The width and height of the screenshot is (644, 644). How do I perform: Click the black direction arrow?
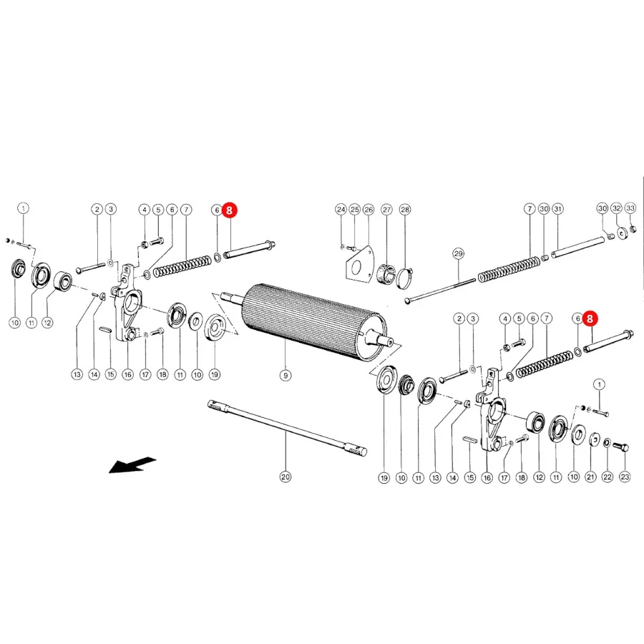click(132, 465)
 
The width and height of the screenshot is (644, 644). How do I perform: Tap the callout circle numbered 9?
click(286, 375)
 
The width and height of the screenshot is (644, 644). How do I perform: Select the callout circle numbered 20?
click(286, 477)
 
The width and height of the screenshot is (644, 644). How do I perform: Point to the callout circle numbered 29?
click(459, 253)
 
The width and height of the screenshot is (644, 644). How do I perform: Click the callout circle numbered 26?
click(369, 210)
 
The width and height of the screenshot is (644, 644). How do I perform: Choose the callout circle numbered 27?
click(387, 210)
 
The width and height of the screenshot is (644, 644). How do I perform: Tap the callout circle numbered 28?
click(405, 210)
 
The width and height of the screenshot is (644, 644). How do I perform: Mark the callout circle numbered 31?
click(557, 209)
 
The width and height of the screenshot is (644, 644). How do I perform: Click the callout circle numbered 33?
click(630, 208)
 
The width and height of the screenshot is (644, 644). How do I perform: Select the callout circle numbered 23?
click(625, 477)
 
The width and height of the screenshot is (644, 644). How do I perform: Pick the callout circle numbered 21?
click(590, 477)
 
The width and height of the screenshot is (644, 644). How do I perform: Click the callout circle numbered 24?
click(341, 210)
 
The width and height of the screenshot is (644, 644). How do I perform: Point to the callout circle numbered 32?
click(617, 208)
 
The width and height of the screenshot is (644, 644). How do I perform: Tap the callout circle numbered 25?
click(354, 210)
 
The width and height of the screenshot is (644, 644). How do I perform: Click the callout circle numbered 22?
click(608, 477)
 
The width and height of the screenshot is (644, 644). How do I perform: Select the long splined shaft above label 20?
click(287, 428)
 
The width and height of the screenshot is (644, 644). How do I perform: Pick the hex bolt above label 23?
click(620, 447)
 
